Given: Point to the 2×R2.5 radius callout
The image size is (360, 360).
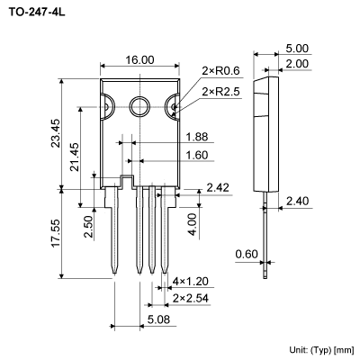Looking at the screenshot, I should [222, 92].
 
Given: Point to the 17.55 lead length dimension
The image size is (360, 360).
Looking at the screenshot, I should [56, 233].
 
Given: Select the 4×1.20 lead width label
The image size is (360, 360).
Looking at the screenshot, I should [191, 282].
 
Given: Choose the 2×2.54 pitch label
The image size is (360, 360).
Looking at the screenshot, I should [191, 297].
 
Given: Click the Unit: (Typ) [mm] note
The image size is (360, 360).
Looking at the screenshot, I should [321, 348].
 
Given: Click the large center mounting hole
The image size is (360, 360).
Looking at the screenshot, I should [139, 106].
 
